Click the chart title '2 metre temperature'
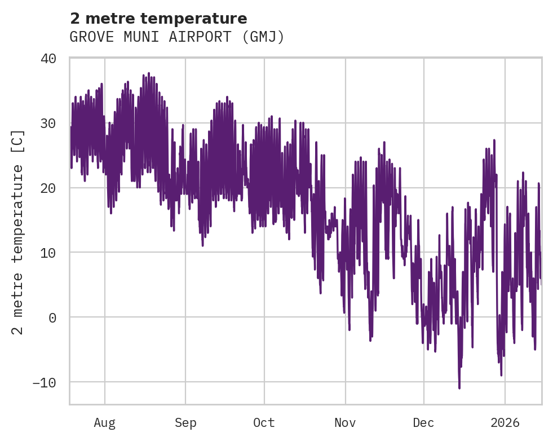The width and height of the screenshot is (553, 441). tap(158, 19)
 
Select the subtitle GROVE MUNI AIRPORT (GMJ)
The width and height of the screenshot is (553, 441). tap(176, 37)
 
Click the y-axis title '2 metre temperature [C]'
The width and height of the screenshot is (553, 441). tap(19, 232)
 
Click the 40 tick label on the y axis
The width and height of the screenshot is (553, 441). tap(48, 59)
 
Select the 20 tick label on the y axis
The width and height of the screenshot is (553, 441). tap(48, 188)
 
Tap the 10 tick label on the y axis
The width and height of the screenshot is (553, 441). tap(48, 253)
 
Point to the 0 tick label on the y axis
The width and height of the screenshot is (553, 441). tap(52, 317)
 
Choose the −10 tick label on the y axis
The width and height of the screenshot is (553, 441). tap(45, 382)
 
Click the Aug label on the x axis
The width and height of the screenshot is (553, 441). tap(105, 423)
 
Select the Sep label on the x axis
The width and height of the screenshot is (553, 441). tap(185, 423)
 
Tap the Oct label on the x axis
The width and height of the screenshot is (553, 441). tap(264, 423)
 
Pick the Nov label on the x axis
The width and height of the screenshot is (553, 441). tap(344, 423)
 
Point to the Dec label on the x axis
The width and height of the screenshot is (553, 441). tap(423, 423)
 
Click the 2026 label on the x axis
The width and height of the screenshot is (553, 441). tap(505, 423)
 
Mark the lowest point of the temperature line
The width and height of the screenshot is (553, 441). tap(459, 388)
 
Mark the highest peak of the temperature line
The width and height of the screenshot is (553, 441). tap(149, 73)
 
